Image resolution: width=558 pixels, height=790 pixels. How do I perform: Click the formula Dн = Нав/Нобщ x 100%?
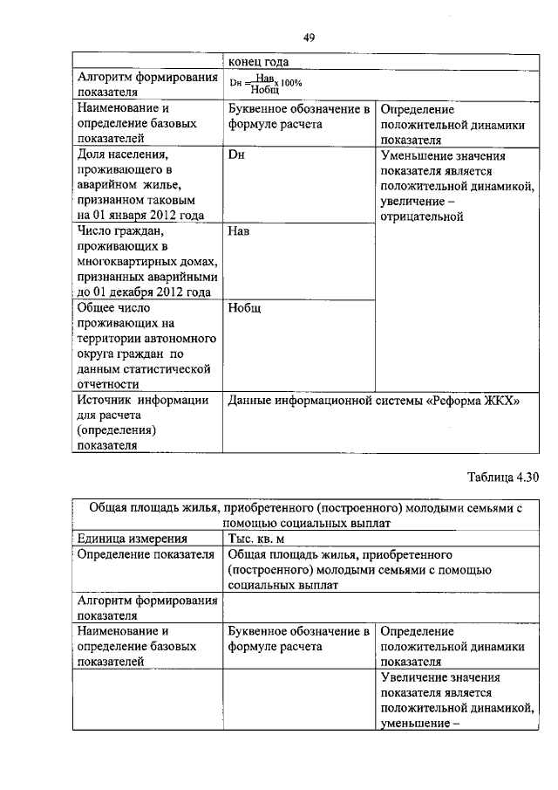pyautogui.click(x=265, y=83)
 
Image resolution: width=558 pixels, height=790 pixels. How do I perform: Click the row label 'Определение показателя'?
pyautogui.click(x=146, y=554)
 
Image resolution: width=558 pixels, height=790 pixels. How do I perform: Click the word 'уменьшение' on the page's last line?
pyautogui.click(x=414, y=723)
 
